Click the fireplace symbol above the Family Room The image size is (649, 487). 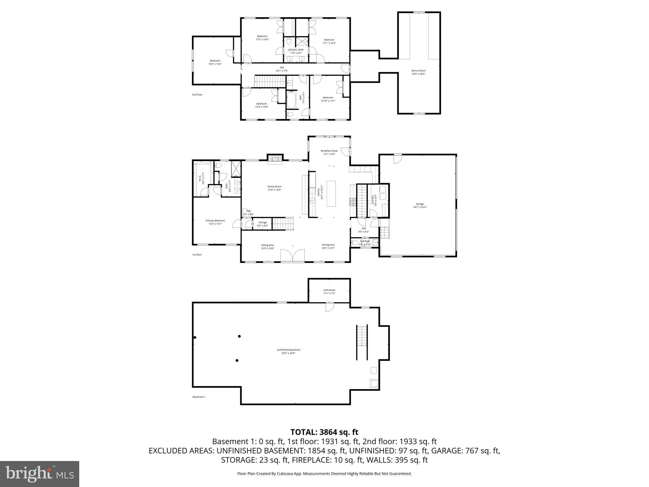(x=275, y=159)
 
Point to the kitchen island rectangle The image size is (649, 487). (x=331, y=193)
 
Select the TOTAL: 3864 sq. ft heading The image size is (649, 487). (x=324, y=432)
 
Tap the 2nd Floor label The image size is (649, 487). (x=197, y=94)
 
